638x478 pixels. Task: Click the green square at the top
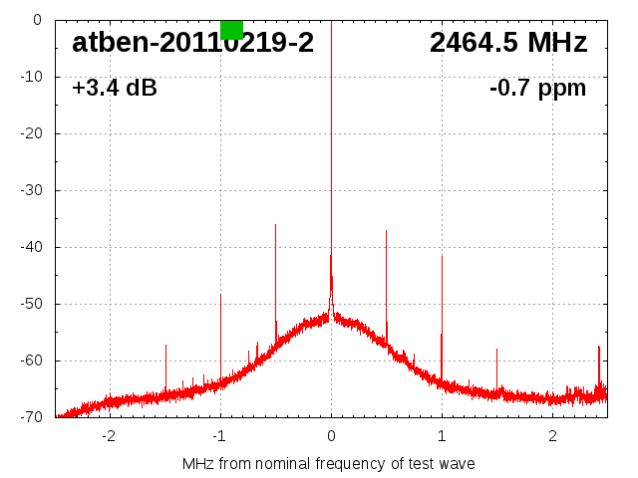[x=231, y=29]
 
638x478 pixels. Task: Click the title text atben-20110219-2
[x=192, y=43]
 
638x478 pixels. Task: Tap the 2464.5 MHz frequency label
[x=508, y=43]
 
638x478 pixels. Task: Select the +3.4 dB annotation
[x=115, y=89]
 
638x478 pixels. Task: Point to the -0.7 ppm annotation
[x=538, y=89]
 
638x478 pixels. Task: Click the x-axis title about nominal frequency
[x=329, y=464]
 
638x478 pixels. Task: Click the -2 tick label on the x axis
[x=109, y=436]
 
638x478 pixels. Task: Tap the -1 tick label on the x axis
[x=219, y=436]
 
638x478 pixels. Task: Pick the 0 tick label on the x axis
[x=331, y=436]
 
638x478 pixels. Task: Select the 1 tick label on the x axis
[x=442, y=436]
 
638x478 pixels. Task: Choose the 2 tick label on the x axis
[x=552, y=436]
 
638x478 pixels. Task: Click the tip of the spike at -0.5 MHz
[x=275, y=225]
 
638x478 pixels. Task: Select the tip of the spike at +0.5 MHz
[x=386, y=231]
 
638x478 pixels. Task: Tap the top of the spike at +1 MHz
[x=442, y=256]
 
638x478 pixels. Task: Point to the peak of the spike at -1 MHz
[x=220, y=295]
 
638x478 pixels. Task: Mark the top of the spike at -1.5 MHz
[x=165, y=346]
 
